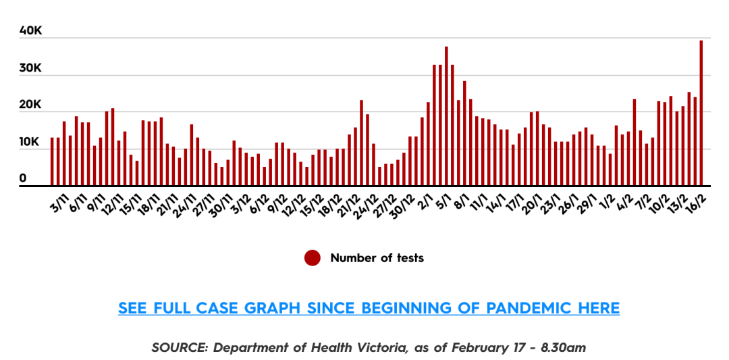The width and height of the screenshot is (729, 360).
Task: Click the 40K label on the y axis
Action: point(31,31)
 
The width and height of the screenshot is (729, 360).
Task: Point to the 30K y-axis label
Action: point(31,68)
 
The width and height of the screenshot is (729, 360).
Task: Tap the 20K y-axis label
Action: point(31,105)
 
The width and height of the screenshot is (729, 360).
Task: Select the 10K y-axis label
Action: point(31,143)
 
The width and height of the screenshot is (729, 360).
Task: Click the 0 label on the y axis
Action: point(22,178)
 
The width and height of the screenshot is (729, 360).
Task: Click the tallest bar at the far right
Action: point(701,111)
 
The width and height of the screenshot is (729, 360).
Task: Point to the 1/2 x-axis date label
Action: point(608,203)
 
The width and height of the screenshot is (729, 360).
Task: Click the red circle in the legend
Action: point(312,258)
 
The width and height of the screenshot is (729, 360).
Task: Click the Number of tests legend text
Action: point(377,258)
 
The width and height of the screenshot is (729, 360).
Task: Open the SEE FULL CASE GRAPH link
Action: point(369,308)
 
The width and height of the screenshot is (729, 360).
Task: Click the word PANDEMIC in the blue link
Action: point(529,308)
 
